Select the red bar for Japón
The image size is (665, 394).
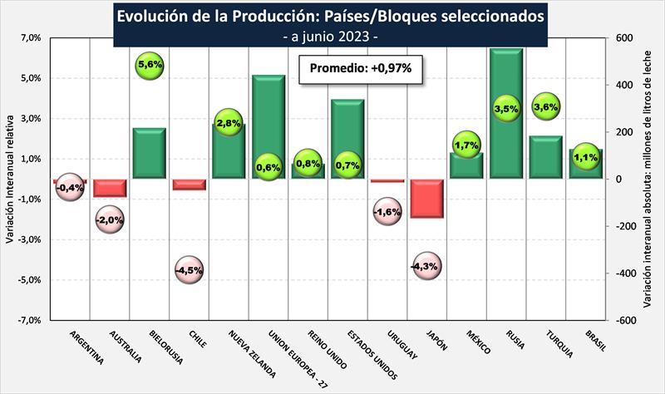426,199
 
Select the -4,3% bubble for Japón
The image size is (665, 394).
426,266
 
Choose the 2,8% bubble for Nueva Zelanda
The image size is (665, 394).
229,123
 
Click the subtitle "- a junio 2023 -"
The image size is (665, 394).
331,37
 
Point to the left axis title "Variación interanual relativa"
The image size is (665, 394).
9,179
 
